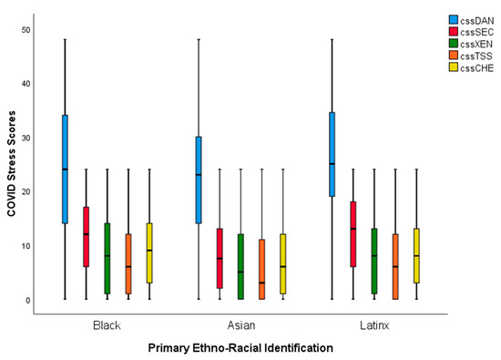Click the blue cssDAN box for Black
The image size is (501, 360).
tap(65, 169)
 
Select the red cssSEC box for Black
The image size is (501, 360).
tap(87, 237)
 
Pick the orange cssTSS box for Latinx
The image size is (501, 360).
tap(395, 266)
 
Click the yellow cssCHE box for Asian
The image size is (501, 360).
tap(282, 264)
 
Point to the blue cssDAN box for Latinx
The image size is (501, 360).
tap(332, 154)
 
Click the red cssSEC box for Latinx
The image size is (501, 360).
tap(353, 234)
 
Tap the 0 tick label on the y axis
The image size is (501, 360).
tap(28, 300)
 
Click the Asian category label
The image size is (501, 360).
tap(240, 324)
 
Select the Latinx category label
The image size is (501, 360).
tap(373, 324)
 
